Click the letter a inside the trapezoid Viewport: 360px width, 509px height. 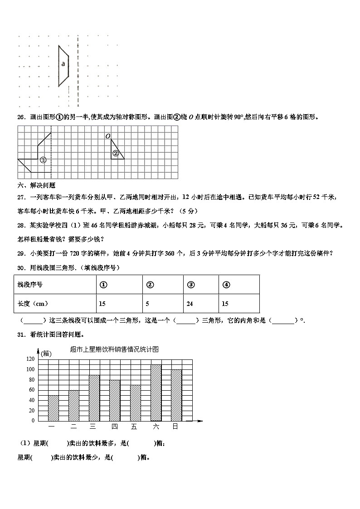click(63, 64)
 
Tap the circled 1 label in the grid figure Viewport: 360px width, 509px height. click(43, 160)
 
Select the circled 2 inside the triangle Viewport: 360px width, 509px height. click(116, 153)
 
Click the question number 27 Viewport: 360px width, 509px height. click(20, 197)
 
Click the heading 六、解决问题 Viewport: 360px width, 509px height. click(36, 185)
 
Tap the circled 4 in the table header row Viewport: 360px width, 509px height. click(227, 285)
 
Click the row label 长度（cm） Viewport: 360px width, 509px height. click(33, 304)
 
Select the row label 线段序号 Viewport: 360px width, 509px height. click(30, 285)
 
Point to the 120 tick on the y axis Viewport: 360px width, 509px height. click(30, 359)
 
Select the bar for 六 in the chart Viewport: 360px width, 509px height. click(156, 393)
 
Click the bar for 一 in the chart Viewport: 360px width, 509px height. click(54, 408)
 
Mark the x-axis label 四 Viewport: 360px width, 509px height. click(114, 427)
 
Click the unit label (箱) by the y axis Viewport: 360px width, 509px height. click(46, 354)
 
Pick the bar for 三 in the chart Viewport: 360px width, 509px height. click(94, 398)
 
